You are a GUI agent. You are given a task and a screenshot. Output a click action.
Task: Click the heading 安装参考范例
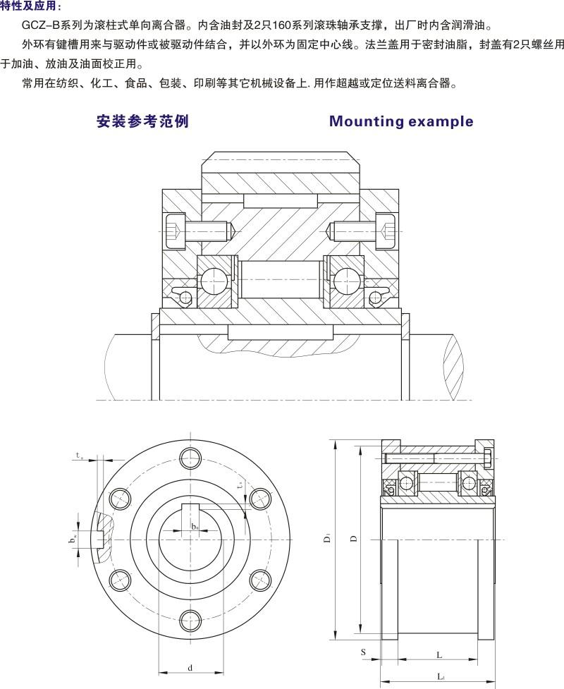pyautogui.click(x=142, y=121)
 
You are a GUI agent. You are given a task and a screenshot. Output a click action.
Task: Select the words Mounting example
pyautogui.click(x=401, y=121)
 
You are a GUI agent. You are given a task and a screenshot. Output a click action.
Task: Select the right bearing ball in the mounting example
pyautogui.click(x=344, y=280)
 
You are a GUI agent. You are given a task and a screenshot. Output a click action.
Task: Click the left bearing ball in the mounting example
pyautogui.click(x=211, y=280)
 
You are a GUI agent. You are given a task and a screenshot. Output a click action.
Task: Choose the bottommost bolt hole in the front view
pyautogui.click(x=190, y=620)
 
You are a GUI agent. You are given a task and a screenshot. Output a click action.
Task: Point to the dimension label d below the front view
pyautogui.click(x=190, y=667)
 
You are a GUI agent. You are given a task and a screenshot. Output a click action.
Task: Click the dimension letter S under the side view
pyautogui.click(x=363, y=652)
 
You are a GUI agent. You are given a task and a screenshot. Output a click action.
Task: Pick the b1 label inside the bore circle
pyautogui.click(x=195, y=527)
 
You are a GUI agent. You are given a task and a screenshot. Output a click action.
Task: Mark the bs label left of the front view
pyautogui.click(x=73, y=539)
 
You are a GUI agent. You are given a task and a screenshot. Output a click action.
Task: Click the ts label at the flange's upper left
pyautogui.click(x=79, y=455)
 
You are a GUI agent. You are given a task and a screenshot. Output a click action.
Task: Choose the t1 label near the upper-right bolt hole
pyautogui.click(x=240, y=485)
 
